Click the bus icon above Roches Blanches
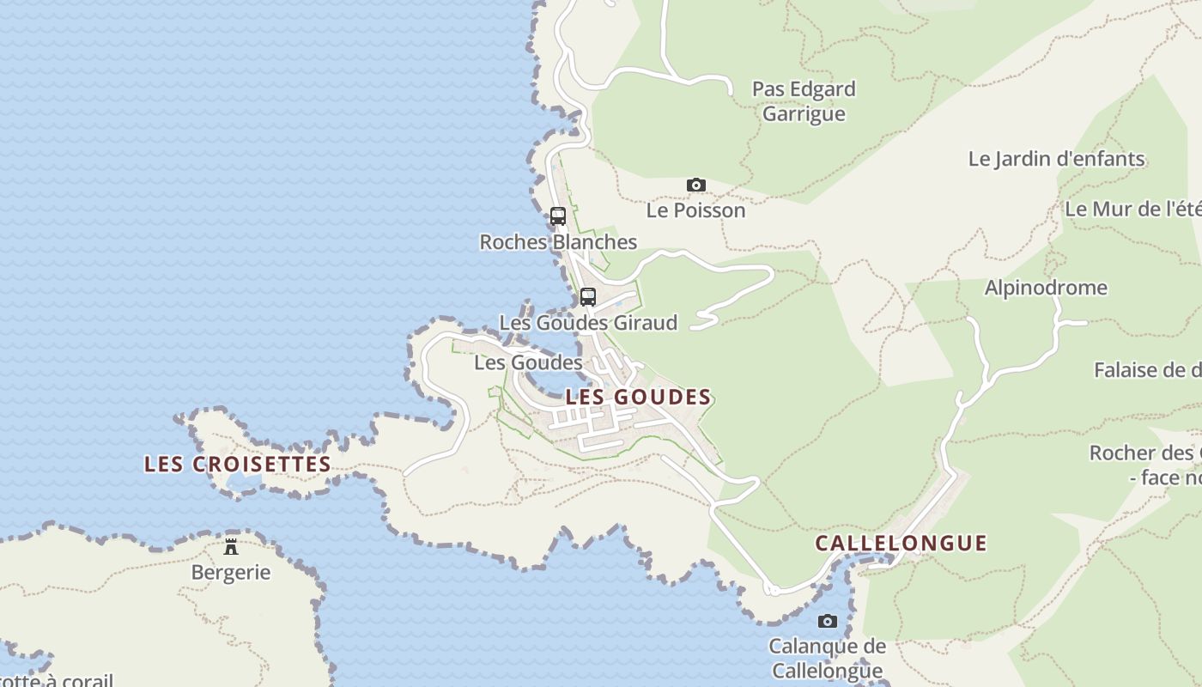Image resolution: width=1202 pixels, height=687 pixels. tap(558, 216)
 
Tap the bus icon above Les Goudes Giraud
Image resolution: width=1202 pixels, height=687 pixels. tap(588, 297)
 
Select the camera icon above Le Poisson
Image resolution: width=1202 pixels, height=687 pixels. tap(696, 185)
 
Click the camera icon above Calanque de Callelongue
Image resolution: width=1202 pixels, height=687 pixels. tap(827, 621)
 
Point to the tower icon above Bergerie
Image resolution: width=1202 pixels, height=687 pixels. tap(231, 546)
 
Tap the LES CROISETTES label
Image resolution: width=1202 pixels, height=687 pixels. tap(238, 465)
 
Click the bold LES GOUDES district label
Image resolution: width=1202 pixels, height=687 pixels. tap(639, 398)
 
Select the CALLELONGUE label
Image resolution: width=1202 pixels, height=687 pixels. tap(901, 544)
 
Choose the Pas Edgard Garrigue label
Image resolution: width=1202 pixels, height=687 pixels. tap(804, 101)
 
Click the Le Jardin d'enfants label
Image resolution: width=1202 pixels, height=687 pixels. tap(1056, 159)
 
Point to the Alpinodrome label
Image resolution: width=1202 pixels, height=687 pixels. tap(1046, 288)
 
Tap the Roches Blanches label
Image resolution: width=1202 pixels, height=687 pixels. tap(558, 242)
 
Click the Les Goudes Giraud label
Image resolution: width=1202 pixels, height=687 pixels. tap(588, 323)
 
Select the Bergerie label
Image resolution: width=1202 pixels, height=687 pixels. tap(231, 572)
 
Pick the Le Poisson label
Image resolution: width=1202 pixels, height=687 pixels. tap(696, 210)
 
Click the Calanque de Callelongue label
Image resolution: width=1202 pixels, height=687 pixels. tap(827, 658)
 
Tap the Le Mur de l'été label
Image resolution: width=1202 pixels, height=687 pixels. tap(1132, 209)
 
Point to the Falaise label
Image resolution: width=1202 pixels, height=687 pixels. tap(1147, 370)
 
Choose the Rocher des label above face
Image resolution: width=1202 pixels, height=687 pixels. tap(1145, 453)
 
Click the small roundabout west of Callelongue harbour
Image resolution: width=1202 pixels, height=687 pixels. tap(773, 590)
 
